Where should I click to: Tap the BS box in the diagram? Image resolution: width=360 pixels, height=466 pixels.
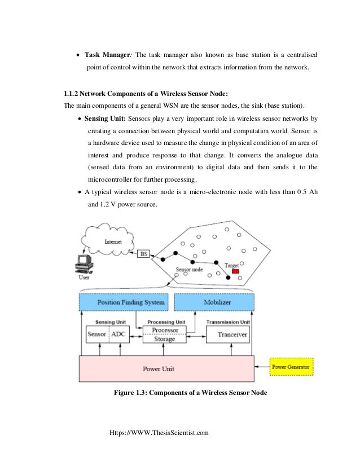144,254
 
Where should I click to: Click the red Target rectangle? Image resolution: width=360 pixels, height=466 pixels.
235,271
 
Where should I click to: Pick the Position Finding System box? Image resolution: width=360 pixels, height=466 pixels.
124,302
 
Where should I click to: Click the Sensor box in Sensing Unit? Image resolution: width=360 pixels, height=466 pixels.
96,334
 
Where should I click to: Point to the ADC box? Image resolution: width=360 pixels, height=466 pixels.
118,334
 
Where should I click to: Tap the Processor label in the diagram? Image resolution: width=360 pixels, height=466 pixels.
165,329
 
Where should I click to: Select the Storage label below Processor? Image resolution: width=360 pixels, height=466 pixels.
165,339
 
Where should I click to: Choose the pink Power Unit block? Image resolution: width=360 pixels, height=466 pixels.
166,368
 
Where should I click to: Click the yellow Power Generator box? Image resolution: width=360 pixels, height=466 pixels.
291,367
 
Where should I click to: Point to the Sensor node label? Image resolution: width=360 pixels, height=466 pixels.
190,270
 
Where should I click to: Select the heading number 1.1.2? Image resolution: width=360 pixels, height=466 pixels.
74,93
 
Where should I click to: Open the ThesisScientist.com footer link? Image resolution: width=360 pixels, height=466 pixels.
161,433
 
